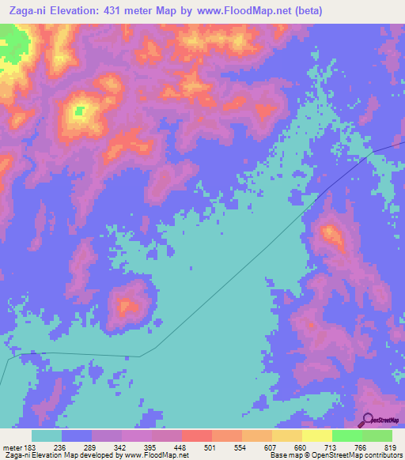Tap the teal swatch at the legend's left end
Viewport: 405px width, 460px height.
pyautogui.click(x=46, y=436)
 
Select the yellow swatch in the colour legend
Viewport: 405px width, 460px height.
pyautogui.click(x=316, y=436)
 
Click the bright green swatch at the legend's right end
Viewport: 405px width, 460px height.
pyautogui.click(x=377, y=436)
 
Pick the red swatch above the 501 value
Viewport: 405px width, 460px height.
pyautogui.click(x=196, y=436)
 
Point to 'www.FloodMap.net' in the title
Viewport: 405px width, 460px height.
pyautogui.click(x=247, y=9)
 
